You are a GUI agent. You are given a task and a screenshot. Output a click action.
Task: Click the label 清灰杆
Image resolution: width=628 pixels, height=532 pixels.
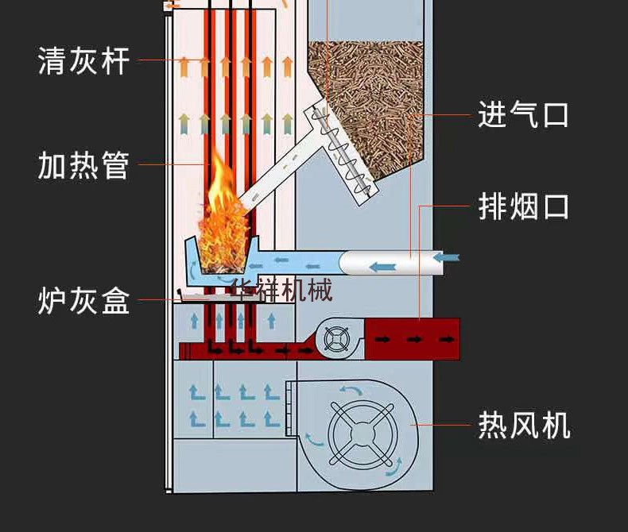(x=83, y=60)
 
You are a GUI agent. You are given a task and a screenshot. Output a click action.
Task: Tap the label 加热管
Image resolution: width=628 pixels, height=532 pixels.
(x=83, y=165)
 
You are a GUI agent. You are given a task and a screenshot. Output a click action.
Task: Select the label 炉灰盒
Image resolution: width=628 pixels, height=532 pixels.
(x=83, y=301)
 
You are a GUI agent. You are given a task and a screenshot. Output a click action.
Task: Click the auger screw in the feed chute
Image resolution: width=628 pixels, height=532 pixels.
(x=342, y=151)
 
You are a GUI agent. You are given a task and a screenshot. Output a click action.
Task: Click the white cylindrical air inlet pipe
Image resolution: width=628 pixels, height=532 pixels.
(x=390, y=262)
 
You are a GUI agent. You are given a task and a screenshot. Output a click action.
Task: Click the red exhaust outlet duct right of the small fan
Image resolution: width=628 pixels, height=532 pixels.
(x=413, y=339)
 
